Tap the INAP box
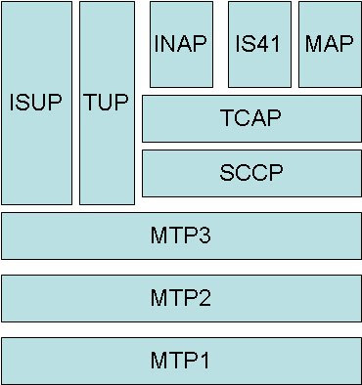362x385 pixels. [x=181, y=68]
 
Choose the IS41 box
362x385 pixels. [x=259, y=68]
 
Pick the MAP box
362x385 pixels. [x=330, y=68]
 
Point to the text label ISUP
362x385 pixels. [x=36, y=102]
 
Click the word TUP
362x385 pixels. [x=107, y=102]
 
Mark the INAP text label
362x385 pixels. [x=181, y=43]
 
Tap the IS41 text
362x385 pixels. [x=259, y=43]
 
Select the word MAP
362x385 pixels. [x=330, y=43]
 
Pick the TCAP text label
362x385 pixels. [x=251, y=119]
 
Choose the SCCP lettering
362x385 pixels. [x=251, y=173]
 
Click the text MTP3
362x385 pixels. [x=181, y=235]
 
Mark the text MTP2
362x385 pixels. [x=181, y=297]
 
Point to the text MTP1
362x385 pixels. [x=181, y=360]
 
